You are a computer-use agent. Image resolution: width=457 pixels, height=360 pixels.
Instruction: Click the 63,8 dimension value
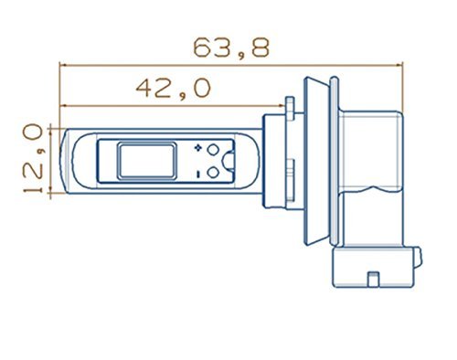click(231, 48)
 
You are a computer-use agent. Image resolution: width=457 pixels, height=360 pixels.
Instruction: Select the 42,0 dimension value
click(174, 89)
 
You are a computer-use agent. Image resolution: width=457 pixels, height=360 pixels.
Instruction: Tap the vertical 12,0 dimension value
click(34, 158)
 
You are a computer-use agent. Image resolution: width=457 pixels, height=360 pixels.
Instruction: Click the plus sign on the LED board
click(198, 148)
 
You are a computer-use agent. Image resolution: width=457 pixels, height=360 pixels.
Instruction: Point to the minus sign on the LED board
click(198, 175)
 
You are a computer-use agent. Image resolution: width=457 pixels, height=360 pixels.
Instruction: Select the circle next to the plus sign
click(213, 149)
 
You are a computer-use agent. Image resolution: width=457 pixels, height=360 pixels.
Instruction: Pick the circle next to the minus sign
click(213, 173)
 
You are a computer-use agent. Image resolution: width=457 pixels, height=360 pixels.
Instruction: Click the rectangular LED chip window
click(146, 161)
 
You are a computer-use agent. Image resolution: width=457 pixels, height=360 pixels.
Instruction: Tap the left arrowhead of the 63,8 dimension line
click(62, 65)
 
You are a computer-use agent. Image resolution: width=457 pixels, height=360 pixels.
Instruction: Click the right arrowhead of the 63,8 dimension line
click(399, 65)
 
